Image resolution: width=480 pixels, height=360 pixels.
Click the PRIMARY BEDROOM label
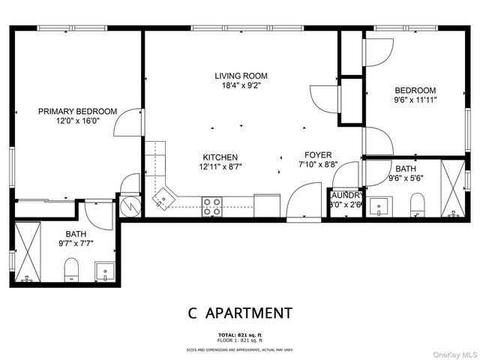point(78,112)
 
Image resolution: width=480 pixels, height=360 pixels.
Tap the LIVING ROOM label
point(241,76)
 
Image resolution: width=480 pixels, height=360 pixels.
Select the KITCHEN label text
point(220,157)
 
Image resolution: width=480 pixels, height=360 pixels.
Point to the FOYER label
point(317,154)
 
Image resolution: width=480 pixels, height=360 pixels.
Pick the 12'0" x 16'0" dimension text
point(78,121)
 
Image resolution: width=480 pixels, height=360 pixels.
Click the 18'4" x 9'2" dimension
point(241,85)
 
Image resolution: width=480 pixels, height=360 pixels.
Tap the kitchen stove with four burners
point(212,206)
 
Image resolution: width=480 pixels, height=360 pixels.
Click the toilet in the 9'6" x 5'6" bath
point(418,204)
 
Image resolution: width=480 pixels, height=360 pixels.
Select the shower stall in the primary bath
point(30,253)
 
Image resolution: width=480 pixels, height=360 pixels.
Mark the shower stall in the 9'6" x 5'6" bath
point(453,187)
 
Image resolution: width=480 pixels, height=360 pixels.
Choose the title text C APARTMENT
point(240,313)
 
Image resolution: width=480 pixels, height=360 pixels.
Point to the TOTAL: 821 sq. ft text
point(240,334)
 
